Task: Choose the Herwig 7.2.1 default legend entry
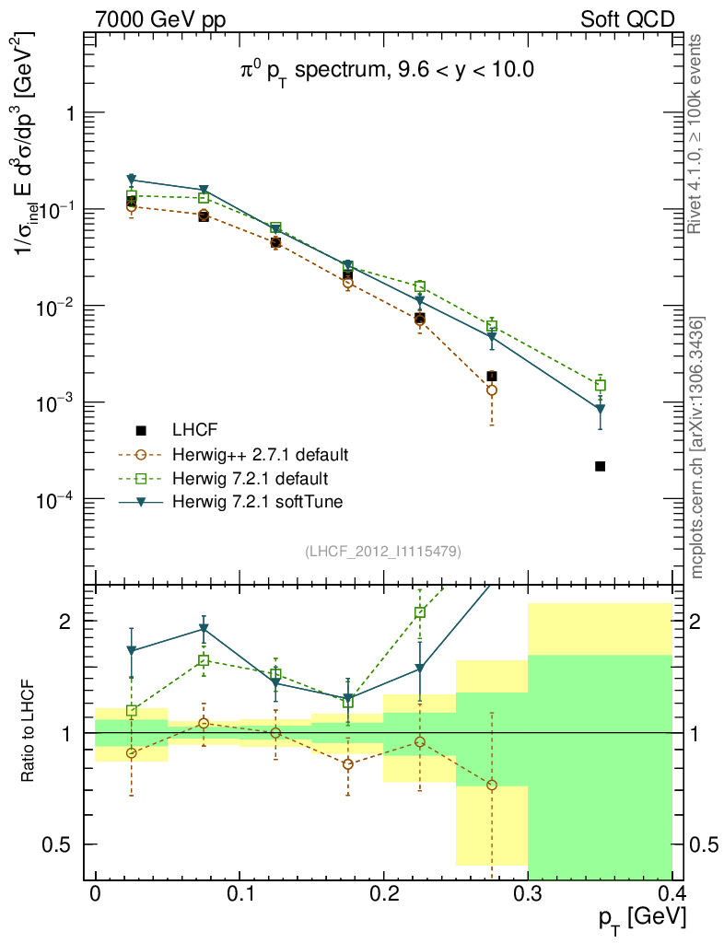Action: pyautogui.click(x=250, y=478)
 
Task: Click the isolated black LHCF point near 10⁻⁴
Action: pyautogui.click(x=600, y=467)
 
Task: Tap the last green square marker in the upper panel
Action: pyautogui.click(x=600, y=386)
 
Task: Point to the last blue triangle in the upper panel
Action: pyautogui.click(x=600, y=409)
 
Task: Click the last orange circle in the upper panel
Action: pyautogui.click(x=492, y=390)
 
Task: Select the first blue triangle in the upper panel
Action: pyautogui.click(x=132, y=180)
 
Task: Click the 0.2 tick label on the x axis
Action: pyautogui.click(x=383, y=894)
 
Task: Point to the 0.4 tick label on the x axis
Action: pyautogui.click(x=671, y=894)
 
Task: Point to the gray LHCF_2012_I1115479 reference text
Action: pyautogui.click(x=383, y=551)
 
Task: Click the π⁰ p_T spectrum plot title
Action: pyautogui.click(x=382, y=70)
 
